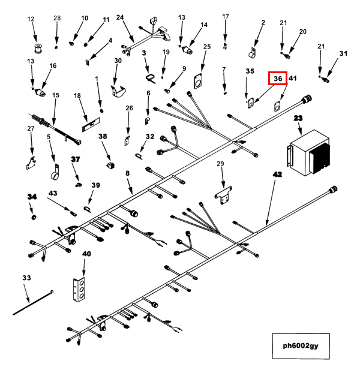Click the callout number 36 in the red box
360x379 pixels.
pyautogui.click(x=277, y=78)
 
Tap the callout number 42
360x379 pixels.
pyautogui.click(x=277, y=174)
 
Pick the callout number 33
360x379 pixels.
pyautogui.click(x=26, y=278)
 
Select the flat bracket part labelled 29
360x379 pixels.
pyautogui.click(x=224, y=194)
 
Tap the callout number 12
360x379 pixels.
pyautogui.click(x=31, y=20)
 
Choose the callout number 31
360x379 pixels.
pyautogui.click(x=343, y=54)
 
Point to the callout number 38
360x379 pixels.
pyautogui.click(x=103, y=137)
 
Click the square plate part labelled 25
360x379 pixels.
pyautogui.click(x=197, y=80)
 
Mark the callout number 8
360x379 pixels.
pyautogui.click(x=127, y=173)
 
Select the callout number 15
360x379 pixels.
pyautogui.click(x=56, y=95)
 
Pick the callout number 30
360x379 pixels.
pyautogui.click(x=118, y=61)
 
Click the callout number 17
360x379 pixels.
pyautogui.click(x=226, y=16)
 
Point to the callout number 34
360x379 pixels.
pyautogui.click(x=32, y=196)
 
